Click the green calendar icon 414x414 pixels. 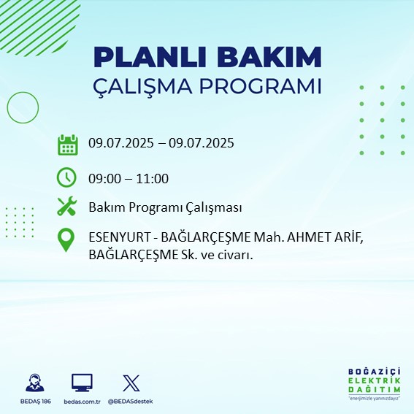point(67,144)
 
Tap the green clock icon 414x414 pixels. point(67,177)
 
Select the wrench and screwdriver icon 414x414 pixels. point(67,207)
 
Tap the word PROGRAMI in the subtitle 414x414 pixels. point(265,85)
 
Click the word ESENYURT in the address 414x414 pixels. point(116,237)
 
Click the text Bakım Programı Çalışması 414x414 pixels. point(165,208)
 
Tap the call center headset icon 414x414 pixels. point(34,383)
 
